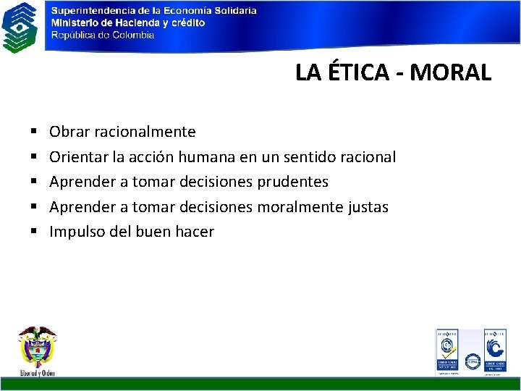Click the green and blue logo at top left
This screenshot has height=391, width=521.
point(20,27)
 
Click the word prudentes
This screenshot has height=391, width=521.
point(292,182)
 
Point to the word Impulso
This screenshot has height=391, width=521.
point(76,232)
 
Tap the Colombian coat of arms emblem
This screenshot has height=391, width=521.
point(38,349)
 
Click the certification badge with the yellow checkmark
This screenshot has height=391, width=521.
point(446,351)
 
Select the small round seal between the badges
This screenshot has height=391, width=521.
point(472,360)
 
